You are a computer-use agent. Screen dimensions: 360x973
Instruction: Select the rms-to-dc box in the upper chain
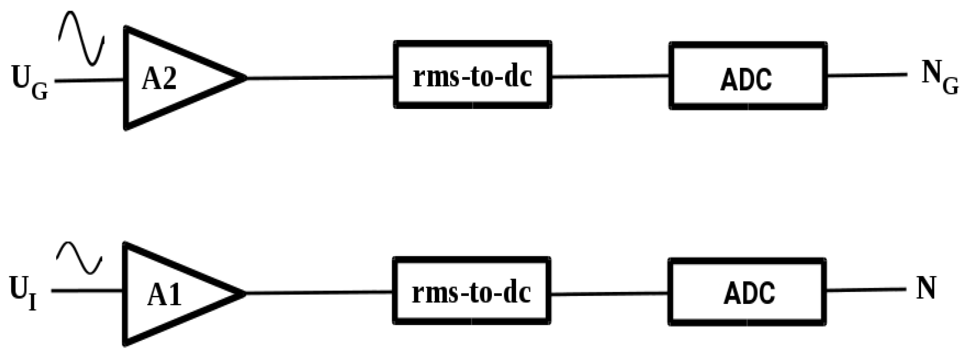coord(473,75)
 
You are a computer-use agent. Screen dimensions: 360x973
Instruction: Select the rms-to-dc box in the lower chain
coord(472,291)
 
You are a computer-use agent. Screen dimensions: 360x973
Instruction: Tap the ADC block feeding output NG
coord(748,76)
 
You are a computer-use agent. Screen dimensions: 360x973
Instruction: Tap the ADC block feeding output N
coord(747,292)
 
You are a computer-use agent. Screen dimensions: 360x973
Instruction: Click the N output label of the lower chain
coord(926,288)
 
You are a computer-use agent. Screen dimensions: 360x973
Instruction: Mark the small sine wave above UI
coord(79,258)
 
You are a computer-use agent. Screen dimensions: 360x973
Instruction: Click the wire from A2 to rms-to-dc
coord(321,77)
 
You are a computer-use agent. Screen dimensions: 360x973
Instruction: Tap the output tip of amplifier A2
coord(244,78)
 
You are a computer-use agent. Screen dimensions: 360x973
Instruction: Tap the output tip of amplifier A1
coord(243,293)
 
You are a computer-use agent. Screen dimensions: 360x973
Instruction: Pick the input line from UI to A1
coord(87,291)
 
